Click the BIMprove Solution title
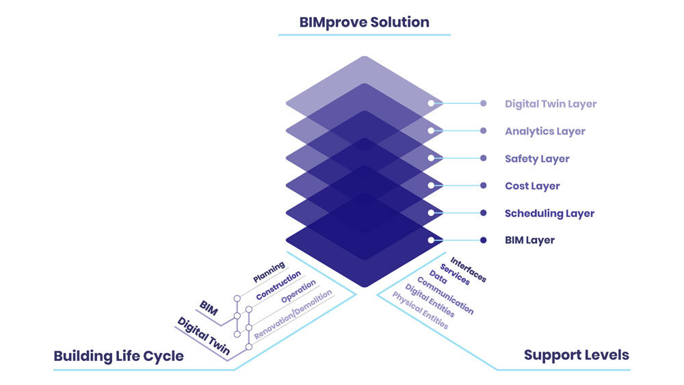pyautogui.click(x=364, y=22)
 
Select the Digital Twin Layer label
pyautogui.click(x=551, y=104)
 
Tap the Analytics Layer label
pyautogui.click(x=545, y=131)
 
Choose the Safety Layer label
pyautogui.click(x=537, y=159)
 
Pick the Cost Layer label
pyautogui.click(x=532, y=186)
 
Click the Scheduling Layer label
pyautogui.click(x=549, y=213)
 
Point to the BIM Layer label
pyautogui.click(x=529, y=241)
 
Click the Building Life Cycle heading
pyautogui.click(x=118, y=356)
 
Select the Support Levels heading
pyautogui.click(x=576, y=355)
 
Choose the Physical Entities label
pyautogui.click(x=420, y=310)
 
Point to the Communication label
pyautogui.click(x=445, y=295)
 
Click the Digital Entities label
pyautogui.click(x=430, y=302)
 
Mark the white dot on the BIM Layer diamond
pyautogui.click(x=431, y=240)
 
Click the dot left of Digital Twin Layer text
pyautogui.click(x=483, y=104)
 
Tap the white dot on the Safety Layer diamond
pyautogui.click(x=431, y=158)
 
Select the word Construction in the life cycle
pyautogui.click(x=278, y=287)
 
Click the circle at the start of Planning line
pyautogui.click(x=237, y=299)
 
